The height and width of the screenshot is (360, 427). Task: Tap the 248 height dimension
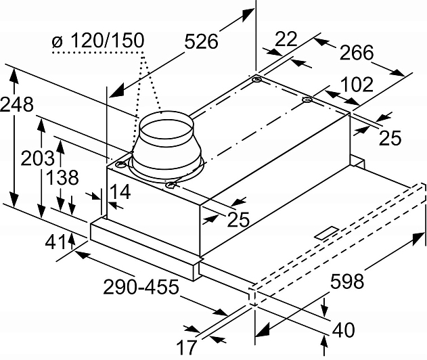(16, 106)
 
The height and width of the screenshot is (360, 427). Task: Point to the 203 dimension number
(38, 158)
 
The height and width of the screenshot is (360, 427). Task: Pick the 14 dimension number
(119, 193)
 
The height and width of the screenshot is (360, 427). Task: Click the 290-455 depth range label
(141, 287)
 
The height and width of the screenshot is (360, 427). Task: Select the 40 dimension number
(344, 331)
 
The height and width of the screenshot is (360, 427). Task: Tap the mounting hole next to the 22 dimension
(256, 81)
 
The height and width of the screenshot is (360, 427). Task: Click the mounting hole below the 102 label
(307, 102)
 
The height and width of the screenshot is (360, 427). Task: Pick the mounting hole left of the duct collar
(120, 164)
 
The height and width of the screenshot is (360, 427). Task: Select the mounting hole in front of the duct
(171, 184)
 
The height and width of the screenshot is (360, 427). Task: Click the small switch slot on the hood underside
(328, 233)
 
